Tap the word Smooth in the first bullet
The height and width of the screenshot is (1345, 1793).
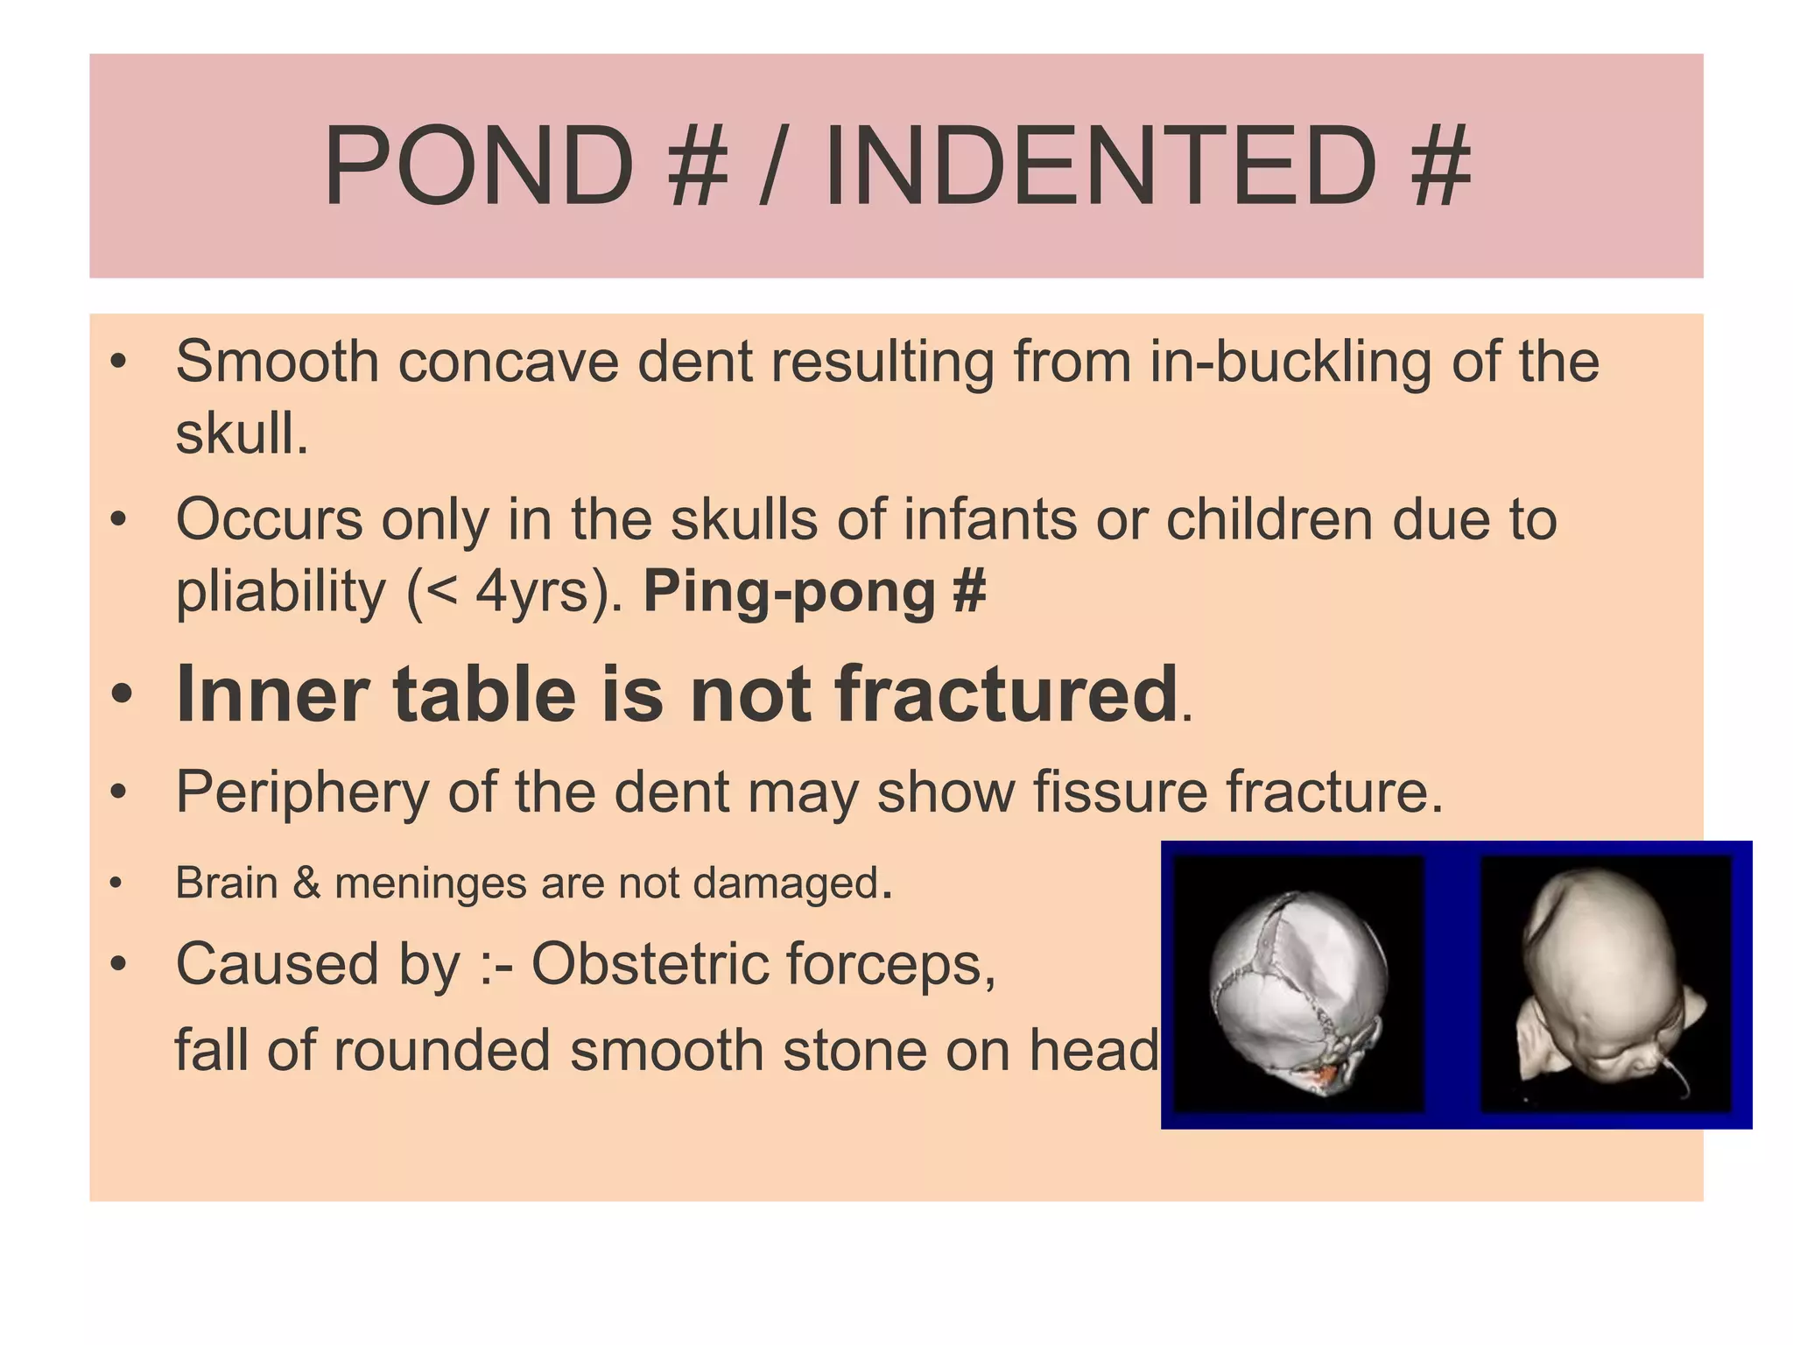tap(277, 361)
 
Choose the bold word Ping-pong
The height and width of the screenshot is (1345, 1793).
tap(789, 593)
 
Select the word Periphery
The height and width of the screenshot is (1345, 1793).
tap(302, 792)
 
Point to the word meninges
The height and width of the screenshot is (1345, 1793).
tap(432, 883)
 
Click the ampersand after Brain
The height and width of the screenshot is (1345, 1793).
tap(306, 882)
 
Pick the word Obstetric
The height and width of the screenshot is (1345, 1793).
tap(649, 964)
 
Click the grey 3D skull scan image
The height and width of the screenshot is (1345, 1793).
tap(1297, 984)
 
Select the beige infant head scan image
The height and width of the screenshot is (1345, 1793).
tap(1606, 984)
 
